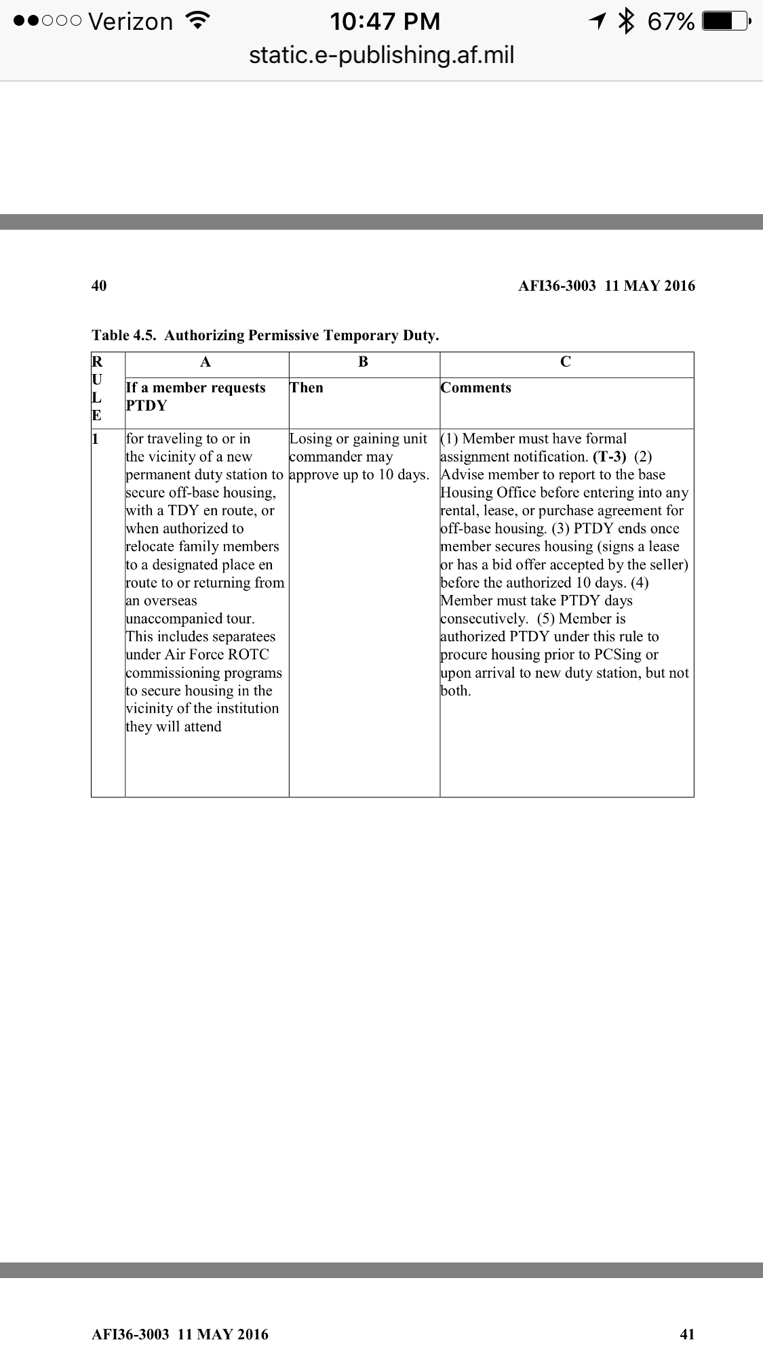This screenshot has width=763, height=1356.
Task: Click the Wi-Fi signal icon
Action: pos(197,21)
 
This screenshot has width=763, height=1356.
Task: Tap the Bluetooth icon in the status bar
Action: pos(626,22)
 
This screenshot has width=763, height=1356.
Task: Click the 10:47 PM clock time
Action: pos(385,22)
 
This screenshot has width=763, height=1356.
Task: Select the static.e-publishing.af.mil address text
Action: pos(381,54)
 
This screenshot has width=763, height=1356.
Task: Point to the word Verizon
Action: pos(131,22)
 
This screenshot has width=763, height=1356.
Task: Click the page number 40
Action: pos(99,285)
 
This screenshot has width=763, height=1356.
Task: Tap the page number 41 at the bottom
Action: pos(687,1334)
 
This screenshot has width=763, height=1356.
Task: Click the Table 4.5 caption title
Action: pos(265,335)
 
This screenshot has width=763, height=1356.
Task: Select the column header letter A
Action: pos(206,363)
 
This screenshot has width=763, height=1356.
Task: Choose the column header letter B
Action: pos(364,363)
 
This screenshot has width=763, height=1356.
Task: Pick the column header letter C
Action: pos(566,363)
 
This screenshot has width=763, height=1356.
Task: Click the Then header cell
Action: pos(307,388)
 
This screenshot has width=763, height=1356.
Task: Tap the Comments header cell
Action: pos(476,388)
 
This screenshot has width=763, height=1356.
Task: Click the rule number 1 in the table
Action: pos(96,439)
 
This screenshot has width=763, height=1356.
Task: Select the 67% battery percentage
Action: pos(671,22)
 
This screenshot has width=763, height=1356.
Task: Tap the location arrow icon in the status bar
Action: pos(597,22)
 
